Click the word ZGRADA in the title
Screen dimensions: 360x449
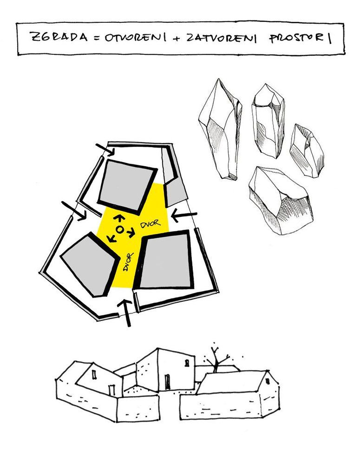(x=59, y=37)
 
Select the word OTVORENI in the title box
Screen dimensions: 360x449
(x=136, y=38)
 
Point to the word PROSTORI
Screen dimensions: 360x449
(x=300, y=39)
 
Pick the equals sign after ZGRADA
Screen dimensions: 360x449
(x=97, y=38)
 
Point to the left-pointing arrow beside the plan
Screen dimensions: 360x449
(x=184, y=215)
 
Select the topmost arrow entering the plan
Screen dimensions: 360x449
(x=105, y=150)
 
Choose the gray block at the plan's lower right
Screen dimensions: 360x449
(x=164, y=260)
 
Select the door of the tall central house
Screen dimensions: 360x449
(x=168, y=381)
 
